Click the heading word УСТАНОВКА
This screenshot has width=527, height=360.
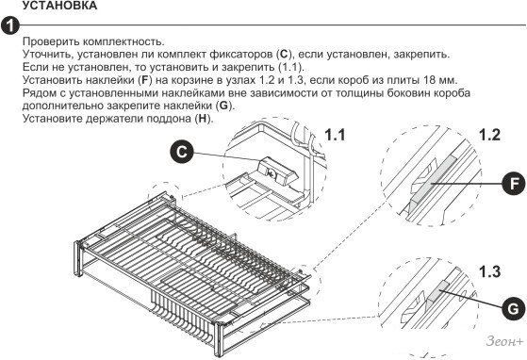pos(59,6)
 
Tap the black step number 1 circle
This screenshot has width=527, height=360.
pos(9,25)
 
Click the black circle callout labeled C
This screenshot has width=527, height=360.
pos(182,152)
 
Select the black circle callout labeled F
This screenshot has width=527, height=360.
pos(513,184)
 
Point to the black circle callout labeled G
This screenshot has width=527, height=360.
pos(513,308)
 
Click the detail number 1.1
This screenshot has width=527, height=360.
pos(335,135)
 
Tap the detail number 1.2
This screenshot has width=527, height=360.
pos(489,135)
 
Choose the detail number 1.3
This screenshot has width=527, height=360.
pos(489,271)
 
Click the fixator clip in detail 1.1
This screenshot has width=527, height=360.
pos(276,171)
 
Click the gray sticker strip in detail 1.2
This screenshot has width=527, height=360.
pos(433,181)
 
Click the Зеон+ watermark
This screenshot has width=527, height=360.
pos(504,341)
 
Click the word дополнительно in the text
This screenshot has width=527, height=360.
pos(63,106)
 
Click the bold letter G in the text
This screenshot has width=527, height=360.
pos(223,106)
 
